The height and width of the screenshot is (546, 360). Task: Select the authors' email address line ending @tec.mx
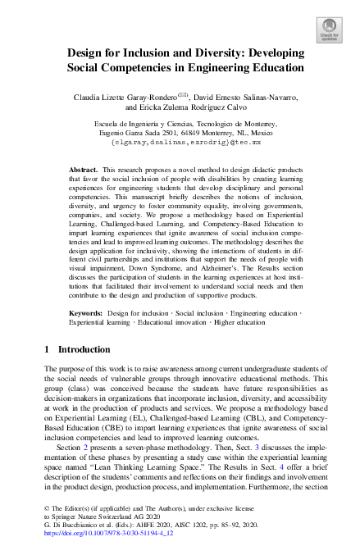tap(180, 142)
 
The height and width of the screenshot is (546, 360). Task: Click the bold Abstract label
tap(84, 165)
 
